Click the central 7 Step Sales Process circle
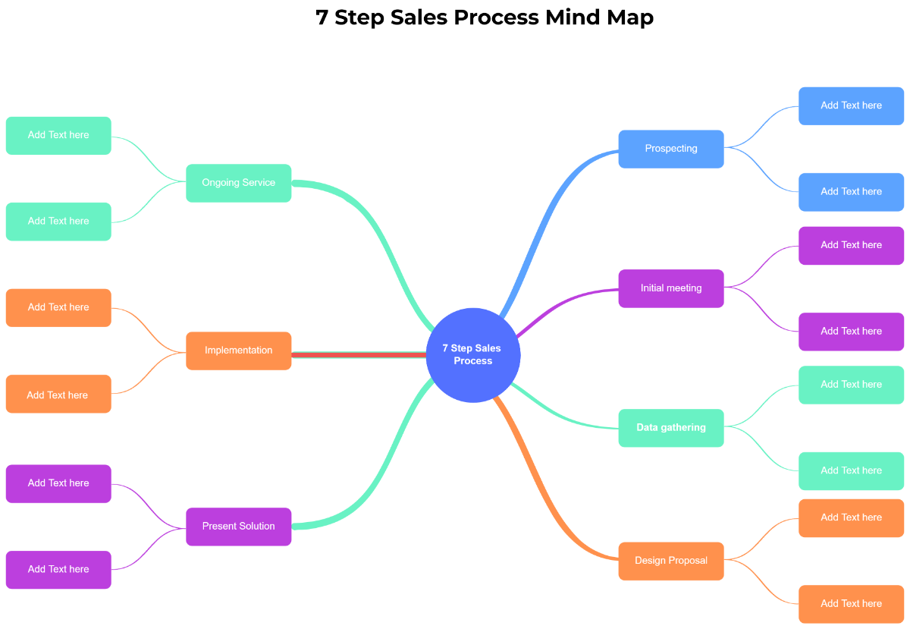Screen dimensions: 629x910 472,354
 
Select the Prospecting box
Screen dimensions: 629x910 670,149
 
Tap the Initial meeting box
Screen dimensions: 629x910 670,288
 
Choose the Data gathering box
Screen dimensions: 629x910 670,428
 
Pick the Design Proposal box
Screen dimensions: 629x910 670,561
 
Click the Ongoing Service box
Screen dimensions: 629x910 238,183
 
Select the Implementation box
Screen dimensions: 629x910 238,351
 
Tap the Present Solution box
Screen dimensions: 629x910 238,527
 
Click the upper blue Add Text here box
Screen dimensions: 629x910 851,105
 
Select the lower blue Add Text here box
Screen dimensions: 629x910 851,192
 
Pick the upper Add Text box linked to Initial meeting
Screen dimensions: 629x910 851,245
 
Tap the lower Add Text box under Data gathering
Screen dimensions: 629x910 851,471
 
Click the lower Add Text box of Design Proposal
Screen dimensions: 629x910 851,604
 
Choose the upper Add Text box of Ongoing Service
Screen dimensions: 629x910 58,135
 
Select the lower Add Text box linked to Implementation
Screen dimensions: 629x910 58,395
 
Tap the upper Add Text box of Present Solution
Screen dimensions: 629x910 58,483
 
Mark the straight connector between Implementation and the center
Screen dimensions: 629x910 356,354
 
